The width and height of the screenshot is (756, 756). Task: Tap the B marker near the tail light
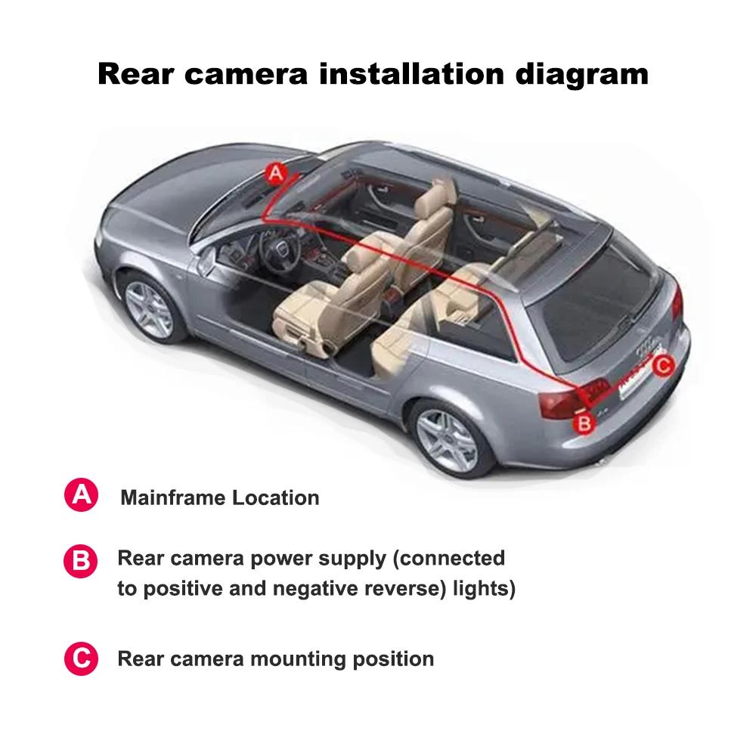click(584, 423)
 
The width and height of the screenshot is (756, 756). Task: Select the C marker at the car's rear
click(662, 366)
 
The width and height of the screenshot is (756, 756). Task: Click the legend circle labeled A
click(81, 496)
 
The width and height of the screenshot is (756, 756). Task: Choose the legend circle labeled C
click(81, 658)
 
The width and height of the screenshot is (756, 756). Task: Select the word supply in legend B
click(350, 559)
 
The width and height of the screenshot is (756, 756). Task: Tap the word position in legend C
click(393, 658)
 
